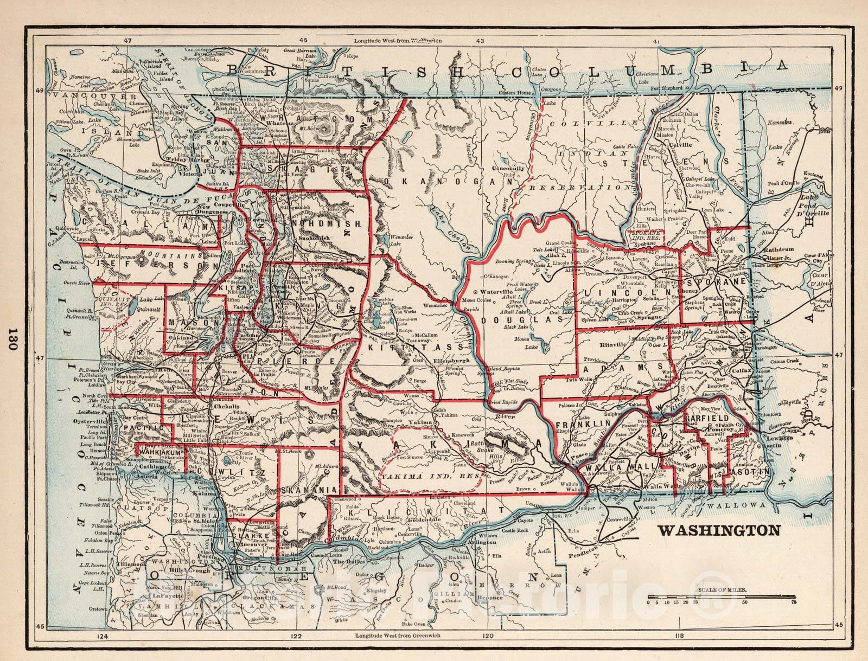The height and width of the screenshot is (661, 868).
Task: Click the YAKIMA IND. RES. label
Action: coord(432,477)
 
